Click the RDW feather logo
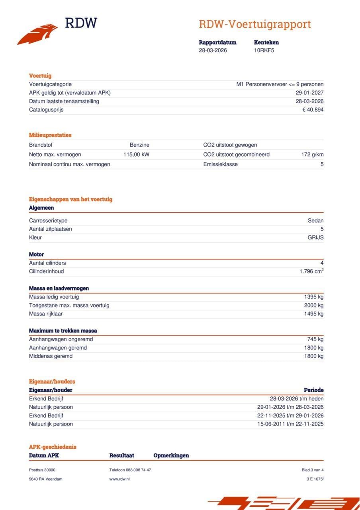[37, 34]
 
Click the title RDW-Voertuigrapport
[254, 24]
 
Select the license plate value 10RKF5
[264, 50]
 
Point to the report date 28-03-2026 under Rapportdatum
[213, 50]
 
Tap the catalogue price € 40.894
[313, 110]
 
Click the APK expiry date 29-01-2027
[309, 93]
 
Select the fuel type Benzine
[139, 145]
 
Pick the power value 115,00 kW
[136, 155]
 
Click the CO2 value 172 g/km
[312, 155]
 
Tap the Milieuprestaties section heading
[50, 135]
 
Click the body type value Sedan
[315, 221]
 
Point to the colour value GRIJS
[315, 237]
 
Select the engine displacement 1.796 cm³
[311, 271]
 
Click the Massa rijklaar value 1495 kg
[314, 314]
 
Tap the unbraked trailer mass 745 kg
[315, 339]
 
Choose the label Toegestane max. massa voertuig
[69, 306]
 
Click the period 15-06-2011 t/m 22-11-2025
[290, 424]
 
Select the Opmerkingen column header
[171, 455]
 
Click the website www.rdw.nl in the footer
[119, 479]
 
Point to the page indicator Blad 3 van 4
[313, 470]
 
